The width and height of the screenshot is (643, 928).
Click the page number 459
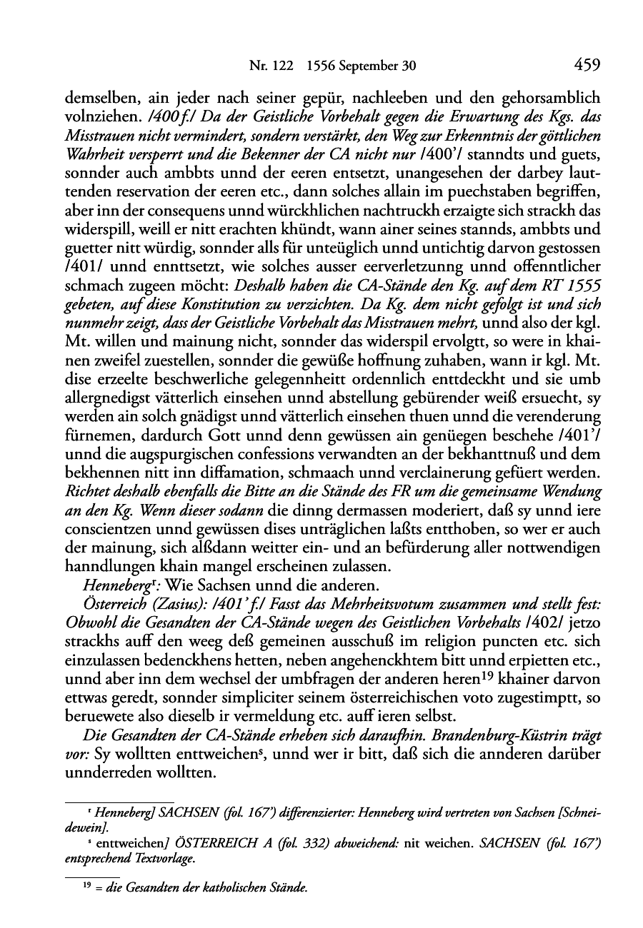click(x=586, y=66)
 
